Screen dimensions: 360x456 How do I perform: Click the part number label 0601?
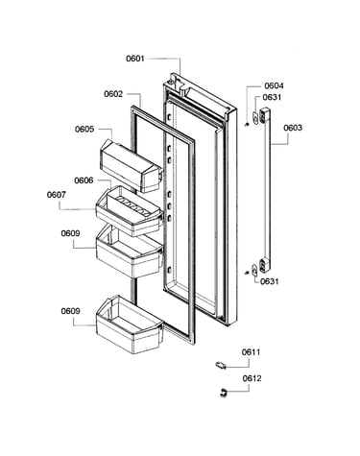[135, 59]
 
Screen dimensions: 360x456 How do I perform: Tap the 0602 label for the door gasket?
[113, 94]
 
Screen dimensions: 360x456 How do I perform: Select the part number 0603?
[293, 128]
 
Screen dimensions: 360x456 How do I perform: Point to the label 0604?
[274, 85]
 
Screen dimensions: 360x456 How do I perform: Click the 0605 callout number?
[84, 130]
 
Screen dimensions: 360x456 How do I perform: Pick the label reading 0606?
[84, 180]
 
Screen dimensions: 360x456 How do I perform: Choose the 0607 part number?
[57, 195]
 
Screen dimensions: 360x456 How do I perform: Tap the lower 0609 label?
[70, 311]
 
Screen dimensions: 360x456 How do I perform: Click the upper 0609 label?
[70, 233]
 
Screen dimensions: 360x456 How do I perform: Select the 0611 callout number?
[252, 352]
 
